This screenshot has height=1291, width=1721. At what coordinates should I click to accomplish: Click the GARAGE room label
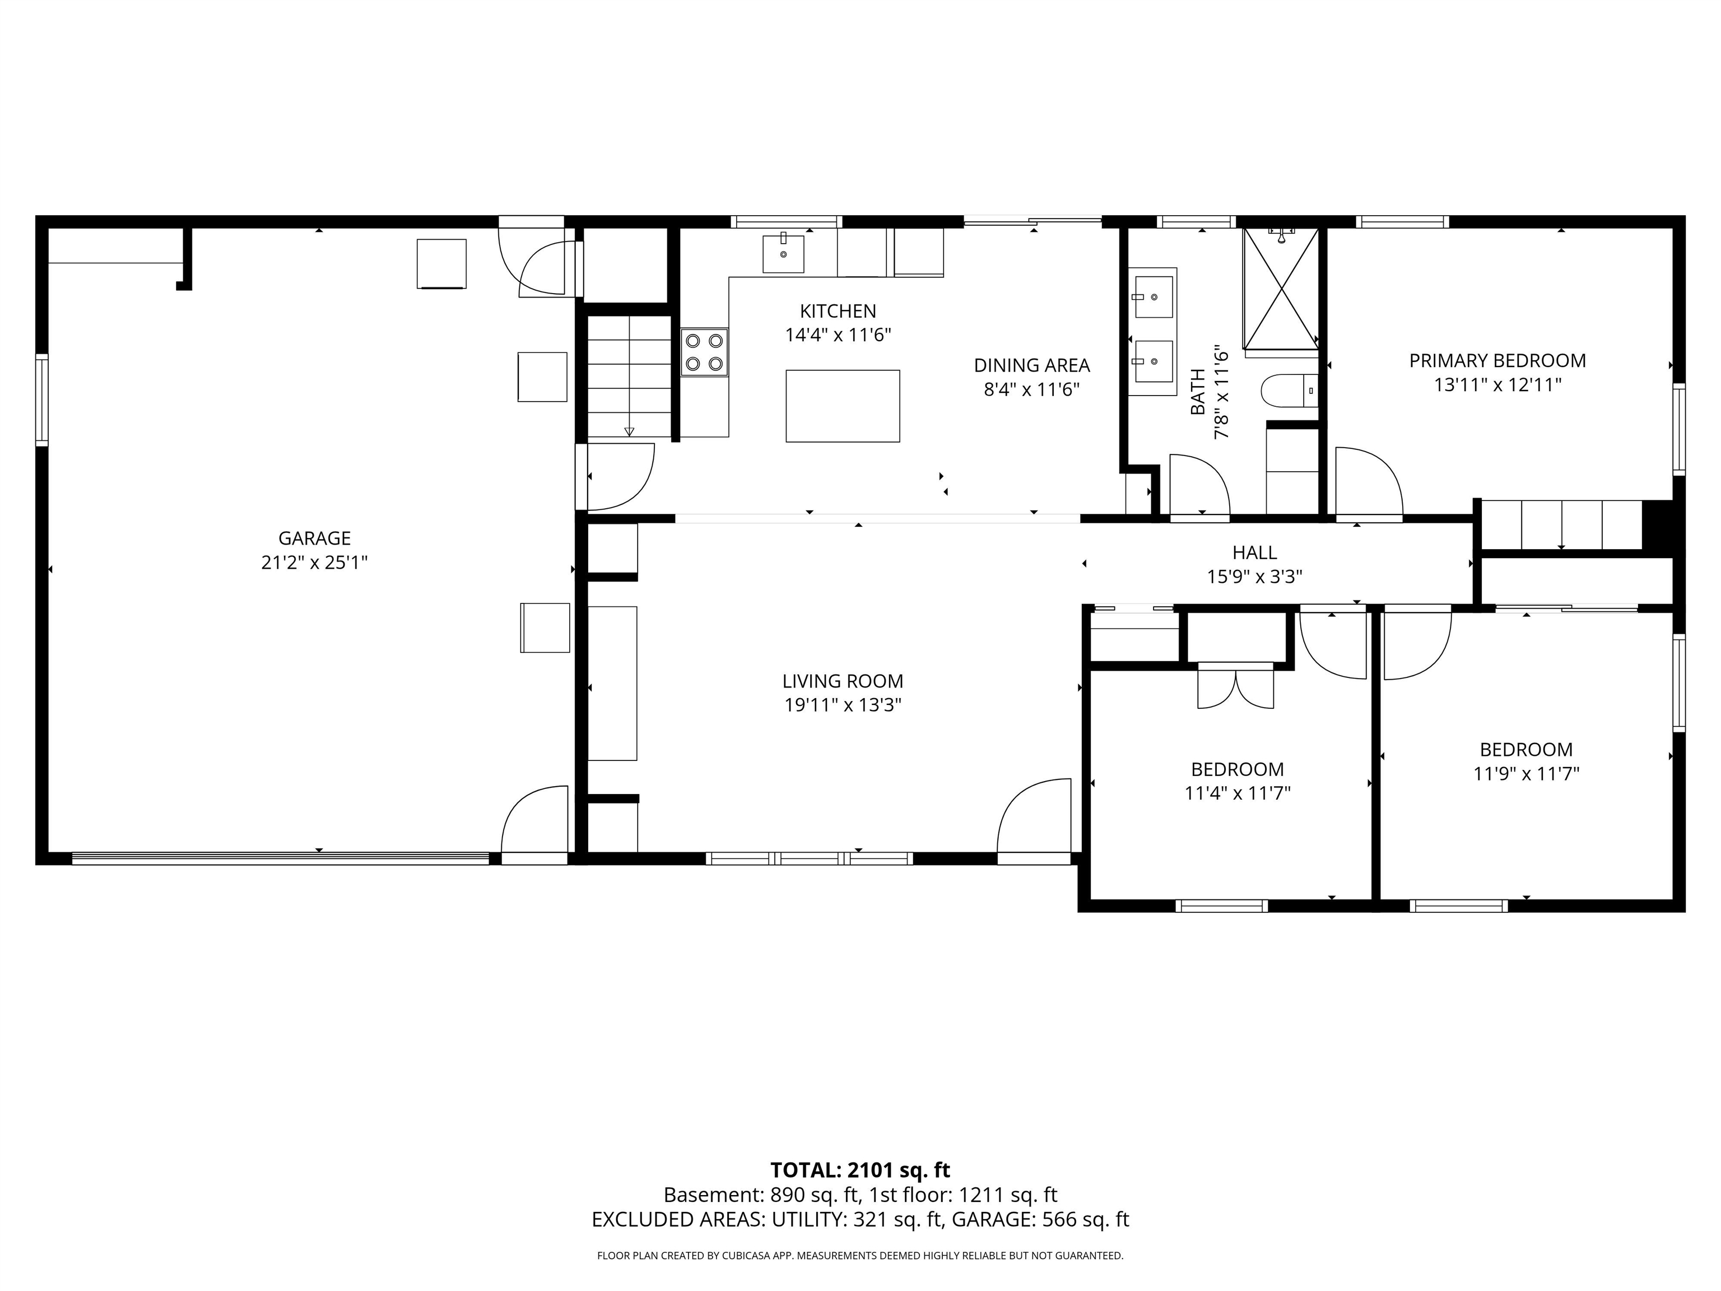(x=314, y=538)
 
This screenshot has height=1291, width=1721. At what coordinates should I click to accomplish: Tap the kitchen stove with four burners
(x=704, y=352)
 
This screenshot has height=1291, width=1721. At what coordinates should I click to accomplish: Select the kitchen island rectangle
(x=843, y=406)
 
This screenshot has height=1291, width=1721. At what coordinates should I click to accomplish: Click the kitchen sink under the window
(x=783, y=253)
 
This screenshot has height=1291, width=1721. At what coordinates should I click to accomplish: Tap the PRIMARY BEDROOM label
(x=1497, y=360)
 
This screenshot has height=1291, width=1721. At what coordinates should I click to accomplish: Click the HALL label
(x=1254, y=552)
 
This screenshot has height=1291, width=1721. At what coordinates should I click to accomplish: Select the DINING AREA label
(x=1032, y=365)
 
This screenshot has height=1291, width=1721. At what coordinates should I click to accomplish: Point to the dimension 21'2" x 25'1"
(x=314, y=563)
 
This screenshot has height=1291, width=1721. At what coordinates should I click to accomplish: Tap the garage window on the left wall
(x=42, y=400)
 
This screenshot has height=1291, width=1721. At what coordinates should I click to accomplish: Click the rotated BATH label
(x=1198, y=392)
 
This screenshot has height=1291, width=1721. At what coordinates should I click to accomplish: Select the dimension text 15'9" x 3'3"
(x=1254, y=577)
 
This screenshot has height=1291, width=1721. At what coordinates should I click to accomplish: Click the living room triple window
(x=809, y=858)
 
